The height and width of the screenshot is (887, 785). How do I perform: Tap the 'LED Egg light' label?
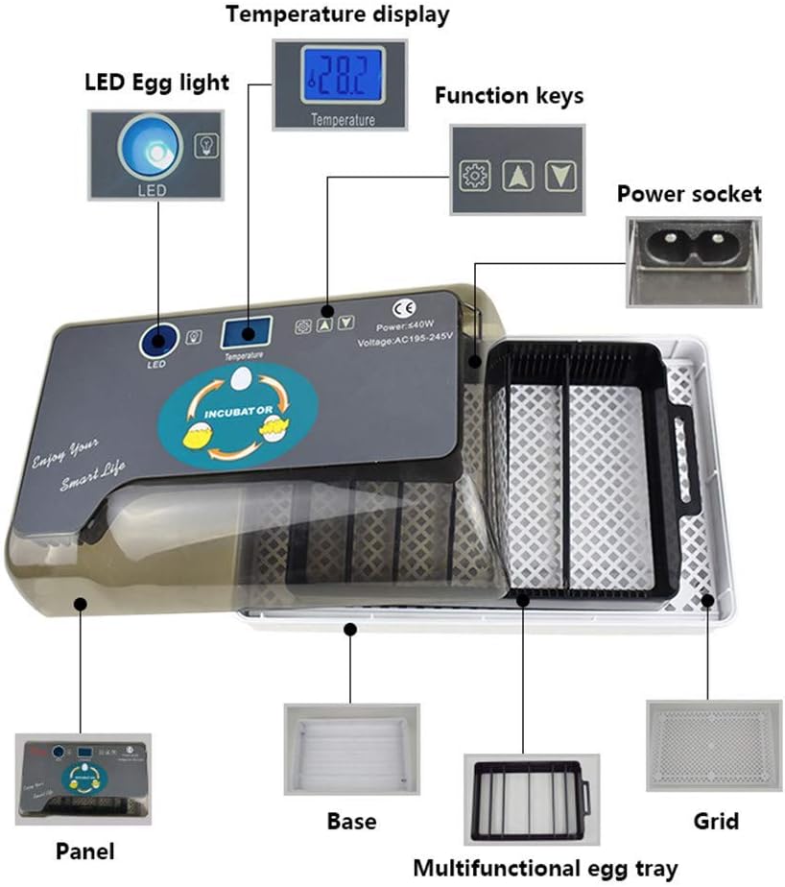click(156, 83)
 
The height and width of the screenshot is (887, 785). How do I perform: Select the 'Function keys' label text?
click(509, 96)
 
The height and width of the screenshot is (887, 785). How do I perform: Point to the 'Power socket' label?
click(688, 194)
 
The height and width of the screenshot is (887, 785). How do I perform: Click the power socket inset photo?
click(693, 260)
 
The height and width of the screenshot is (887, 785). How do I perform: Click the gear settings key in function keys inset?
click(474, 176)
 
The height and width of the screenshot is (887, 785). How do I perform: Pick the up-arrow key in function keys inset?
click(517, 176)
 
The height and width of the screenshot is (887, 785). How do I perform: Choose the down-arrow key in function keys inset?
click(559, 176)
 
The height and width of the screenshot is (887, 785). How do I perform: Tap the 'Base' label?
click(351, 822)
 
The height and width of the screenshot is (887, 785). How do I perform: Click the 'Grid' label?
click(716, 822)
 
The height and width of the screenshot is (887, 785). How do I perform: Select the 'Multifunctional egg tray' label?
click(545, 868)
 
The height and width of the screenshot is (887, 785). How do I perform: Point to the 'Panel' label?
click(84, 851)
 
